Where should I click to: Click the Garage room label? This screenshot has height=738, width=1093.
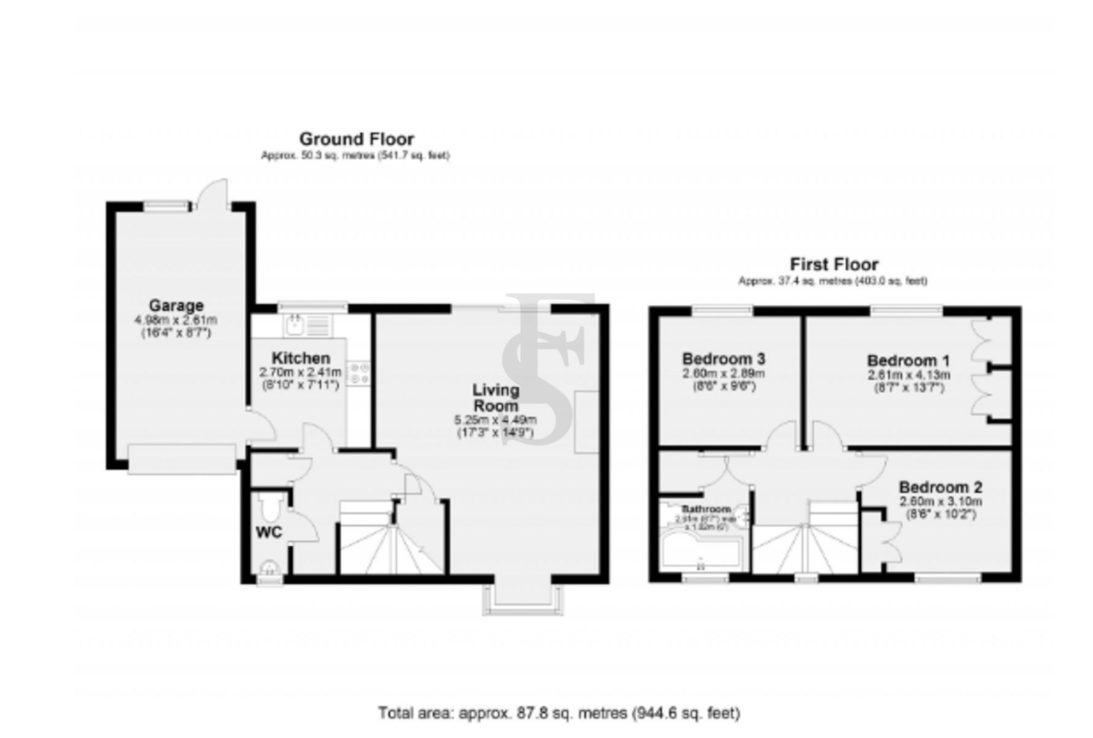[176, 305]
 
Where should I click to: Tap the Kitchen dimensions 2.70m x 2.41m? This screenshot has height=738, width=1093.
[300, 373]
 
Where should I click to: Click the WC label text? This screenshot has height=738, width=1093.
[269, 532]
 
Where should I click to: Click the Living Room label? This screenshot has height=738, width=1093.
[496, 398]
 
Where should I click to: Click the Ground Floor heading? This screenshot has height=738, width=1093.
[356, 139]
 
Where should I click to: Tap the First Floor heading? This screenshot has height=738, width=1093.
[834, 264]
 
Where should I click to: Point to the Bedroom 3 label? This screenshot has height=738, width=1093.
[724, 359]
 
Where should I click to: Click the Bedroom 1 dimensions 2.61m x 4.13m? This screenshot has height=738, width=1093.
[908, 375]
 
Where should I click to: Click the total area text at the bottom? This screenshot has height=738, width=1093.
[559, 712]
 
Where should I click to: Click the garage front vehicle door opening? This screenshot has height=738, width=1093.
[182, 458]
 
